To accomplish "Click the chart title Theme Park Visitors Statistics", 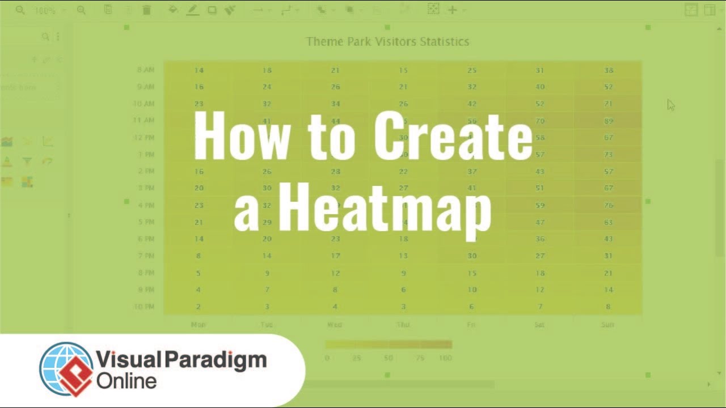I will tap(387, 41).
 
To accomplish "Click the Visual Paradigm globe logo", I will tap(66, 368).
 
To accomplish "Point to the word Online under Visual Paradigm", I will tap(126, 380).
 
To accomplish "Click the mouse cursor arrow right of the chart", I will tap(671, 105).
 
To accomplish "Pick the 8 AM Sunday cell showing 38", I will tap(609, 70).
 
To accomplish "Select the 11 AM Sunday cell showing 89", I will tap(609, 121).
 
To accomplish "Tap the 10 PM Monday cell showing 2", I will tap(199, 307).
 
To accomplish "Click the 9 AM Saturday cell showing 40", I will tap(540, 87).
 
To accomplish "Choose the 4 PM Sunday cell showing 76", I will tap(609, 205).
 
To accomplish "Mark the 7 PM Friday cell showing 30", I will tap(472, 256).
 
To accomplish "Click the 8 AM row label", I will tap(146, 70).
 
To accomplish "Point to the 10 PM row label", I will tap(144, 307).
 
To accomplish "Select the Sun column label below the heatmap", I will tap(608, 325).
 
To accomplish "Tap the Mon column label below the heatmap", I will tap(199, 325).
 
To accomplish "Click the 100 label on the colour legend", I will tap(445, 358).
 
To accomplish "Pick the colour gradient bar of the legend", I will tap(389, 344).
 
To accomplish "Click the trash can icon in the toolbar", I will tap(146, 10).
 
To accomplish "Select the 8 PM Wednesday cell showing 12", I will tap(335, 273).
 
